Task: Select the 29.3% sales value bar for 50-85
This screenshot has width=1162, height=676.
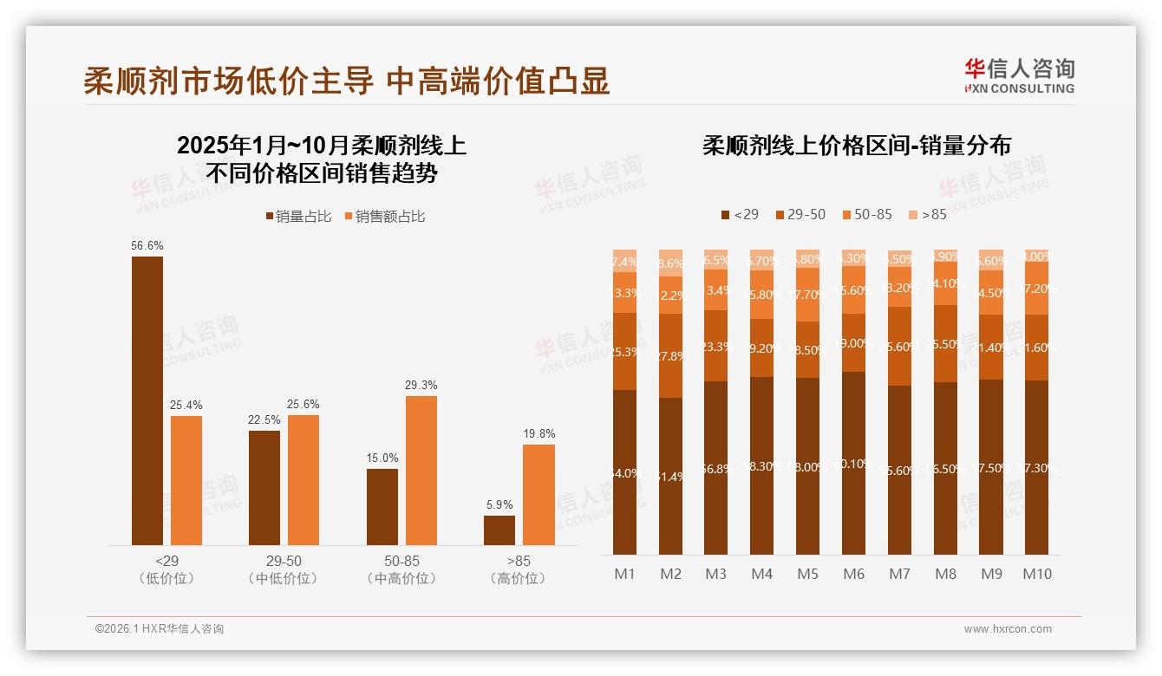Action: [421, 471]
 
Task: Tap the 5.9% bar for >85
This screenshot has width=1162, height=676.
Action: [499, 530]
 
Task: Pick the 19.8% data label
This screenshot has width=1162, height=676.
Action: [539, 433]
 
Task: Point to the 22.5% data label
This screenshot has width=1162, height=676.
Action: [264, 419]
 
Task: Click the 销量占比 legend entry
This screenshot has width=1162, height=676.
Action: [298, 217]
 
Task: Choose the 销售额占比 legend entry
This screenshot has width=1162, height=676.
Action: [385, 217]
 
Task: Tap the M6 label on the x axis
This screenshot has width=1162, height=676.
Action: [853, 574]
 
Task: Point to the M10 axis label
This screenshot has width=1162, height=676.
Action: [1037, 574]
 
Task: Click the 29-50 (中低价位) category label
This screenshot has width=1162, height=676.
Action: [283, 569]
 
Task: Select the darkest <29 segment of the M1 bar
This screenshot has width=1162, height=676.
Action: [624, 472]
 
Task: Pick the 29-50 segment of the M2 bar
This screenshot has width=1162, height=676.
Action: [670, 355]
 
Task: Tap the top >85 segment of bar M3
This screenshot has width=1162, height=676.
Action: [716, 259]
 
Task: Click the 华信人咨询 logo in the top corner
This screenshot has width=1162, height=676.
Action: [1019, 75]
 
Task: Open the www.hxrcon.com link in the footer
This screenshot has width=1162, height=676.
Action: [1008, 629]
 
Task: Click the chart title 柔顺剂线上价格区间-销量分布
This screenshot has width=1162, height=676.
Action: [857, 146]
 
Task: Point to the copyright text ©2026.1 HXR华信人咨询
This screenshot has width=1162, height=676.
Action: [160, 629]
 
